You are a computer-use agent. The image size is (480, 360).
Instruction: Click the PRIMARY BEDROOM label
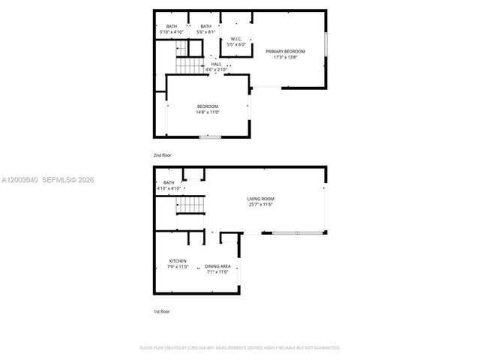(285, 51)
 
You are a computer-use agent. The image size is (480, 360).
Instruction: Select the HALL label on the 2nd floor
(216, 64)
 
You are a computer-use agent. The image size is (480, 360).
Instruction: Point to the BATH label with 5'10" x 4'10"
(172, 27)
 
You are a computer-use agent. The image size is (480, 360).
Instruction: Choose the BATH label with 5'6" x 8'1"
(205, 27)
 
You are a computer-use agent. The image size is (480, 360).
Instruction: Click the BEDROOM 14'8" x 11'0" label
(208, 106)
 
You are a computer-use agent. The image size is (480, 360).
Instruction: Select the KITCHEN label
(178, 260)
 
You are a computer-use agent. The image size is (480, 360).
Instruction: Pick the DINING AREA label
(217, 266)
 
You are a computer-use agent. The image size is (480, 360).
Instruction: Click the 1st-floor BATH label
(168, 182)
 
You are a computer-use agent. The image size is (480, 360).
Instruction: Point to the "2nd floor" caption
(163, 155)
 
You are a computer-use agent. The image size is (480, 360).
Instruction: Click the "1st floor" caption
(161, 311)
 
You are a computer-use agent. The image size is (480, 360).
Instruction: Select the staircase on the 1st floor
(190, 204)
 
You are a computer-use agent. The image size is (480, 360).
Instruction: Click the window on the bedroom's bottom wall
(210, 137)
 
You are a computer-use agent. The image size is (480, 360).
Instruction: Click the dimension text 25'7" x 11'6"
(260, 204)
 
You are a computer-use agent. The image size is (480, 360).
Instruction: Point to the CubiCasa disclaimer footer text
(240, 348)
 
